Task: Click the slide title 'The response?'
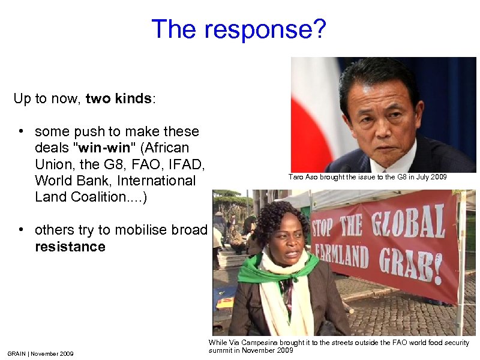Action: click(x=239, y=29)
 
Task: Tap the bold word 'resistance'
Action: click(x=70, y=247)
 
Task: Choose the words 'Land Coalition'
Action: click(x=78, y=197)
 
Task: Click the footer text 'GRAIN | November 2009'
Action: click(x=40, y=353)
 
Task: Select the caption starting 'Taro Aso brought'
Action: click(x=367, y=177)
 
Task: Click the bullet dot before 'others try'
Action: click(x=20, y=230)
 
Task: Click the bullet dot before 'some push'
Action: click(x=20, y=131)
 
